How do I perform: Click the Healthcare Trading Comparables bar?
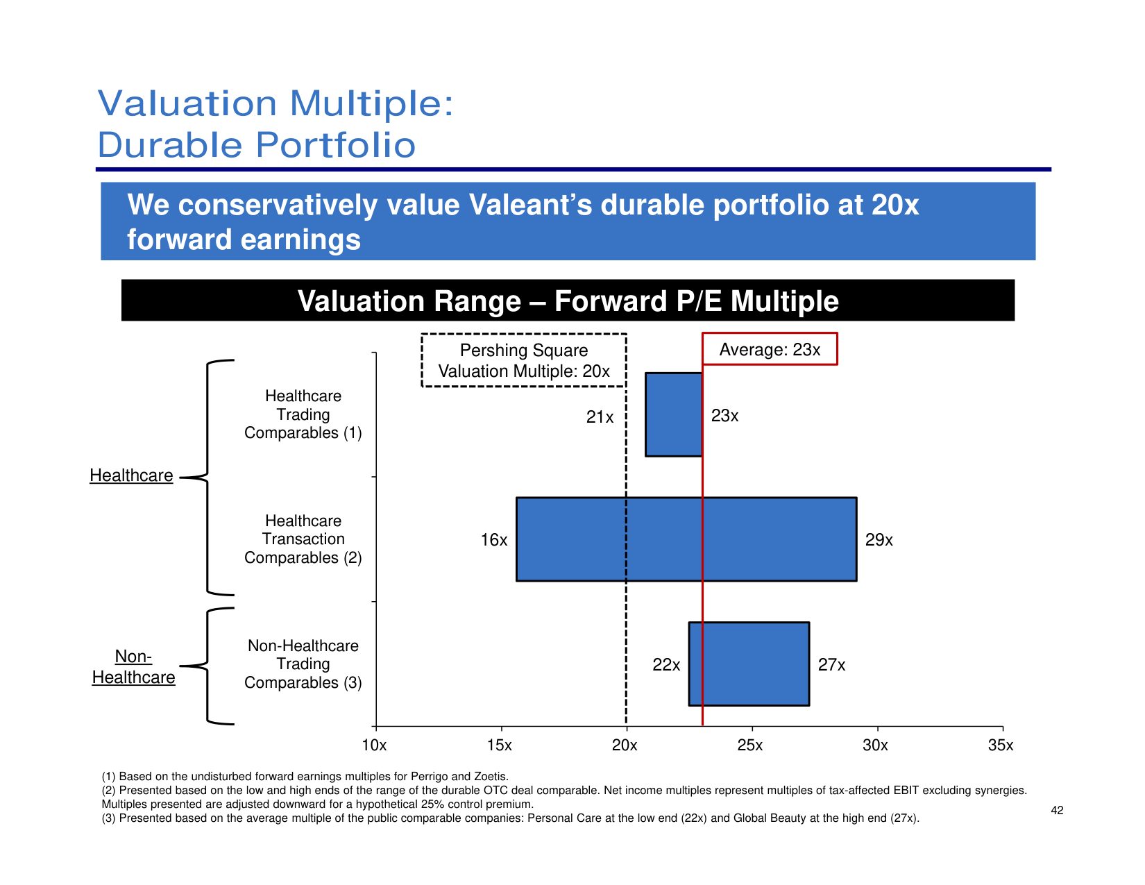(x=673, y=414)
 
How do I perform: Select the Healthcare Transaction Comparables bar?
(x=686, y=539)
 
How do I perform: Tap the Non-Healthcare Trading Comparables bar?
(x=749, y=664)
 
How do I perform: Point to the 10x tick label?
(x=374, y=745)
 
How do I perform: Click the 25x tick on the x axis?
(x=750, y=745)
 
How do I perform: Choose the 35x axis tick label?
(x=1000, y=745)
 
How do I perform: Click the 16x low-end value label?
(x=493, y=540)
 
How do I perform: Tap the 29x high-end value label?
(x=879, y=540)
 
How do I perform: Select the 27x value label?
(x=831, y=665)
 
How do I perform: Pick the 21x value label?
(x=600, y=417)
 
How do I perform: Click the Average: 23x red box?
(x=770, y=349)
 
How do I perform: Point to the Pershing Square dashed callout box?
(x=524, y=360)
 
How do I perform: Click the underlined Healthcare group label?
(x=131, y=475)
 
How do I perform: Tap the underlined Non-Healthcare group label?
(x=133, y=667)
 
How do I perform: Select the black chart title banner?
(x=568, y=301)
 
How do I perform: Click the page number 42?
(x=1057, y=810)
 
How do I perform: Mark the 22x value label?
(x=666, y=665)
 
